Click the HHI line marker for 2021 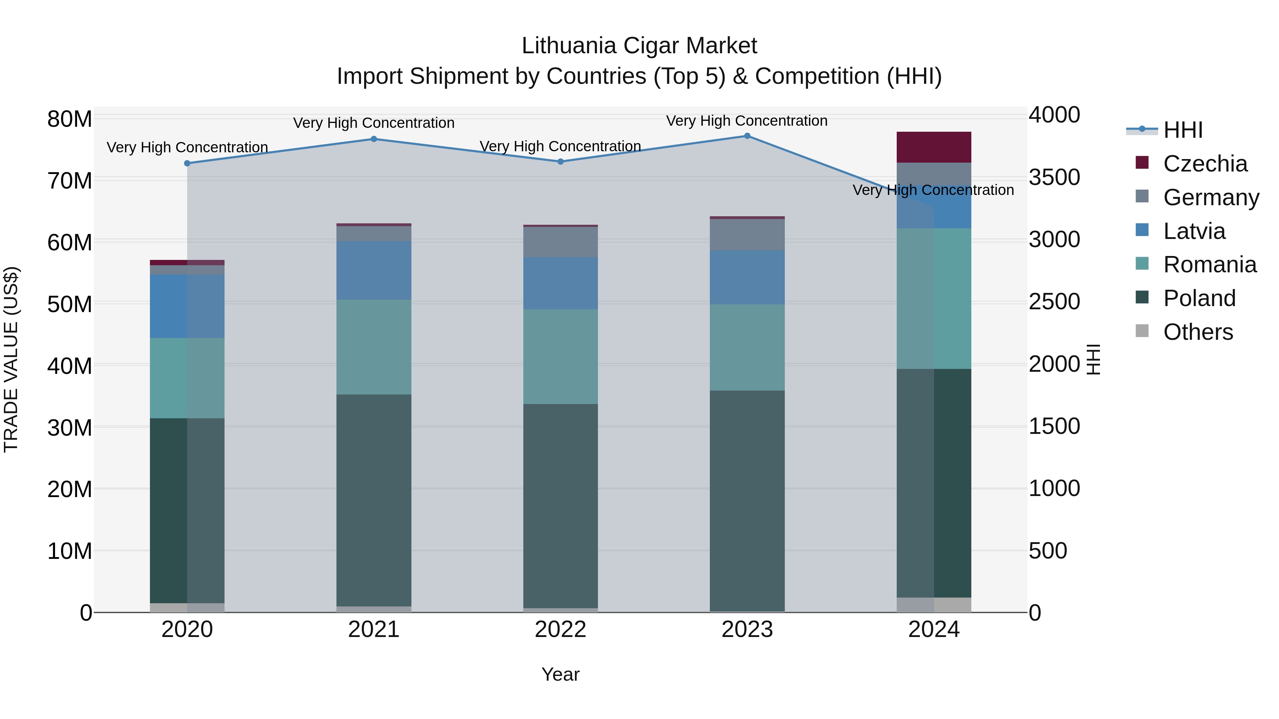[x=374, y=139]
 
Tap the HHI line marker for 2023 [x=747, y=136]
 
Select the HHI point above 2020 [x=187, y=163]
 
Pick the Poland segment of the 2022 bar [x=561, y=506]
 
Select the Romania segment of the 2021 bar [x=374, y=347]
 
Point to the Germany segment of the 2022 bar [x=561, y=242]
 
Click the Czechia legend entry [x=1205, y=164]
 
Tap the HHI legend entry [x=1183, y=130]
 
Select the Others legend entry [x=1198, y=332]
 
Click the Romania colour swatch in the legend [x=1142, y=263]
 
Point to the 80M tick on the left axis [x=70, y=119]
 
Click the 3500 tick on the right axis [x=1054, y=177]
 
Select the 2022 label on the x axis [x=561, y=630]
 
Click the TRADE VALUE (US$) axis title [x=11, y=359]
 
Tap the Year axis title [x=561, y=674]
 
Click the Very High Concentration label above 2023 [x=747, y=121]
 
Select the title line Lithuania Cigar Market [x=639, y=46]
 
